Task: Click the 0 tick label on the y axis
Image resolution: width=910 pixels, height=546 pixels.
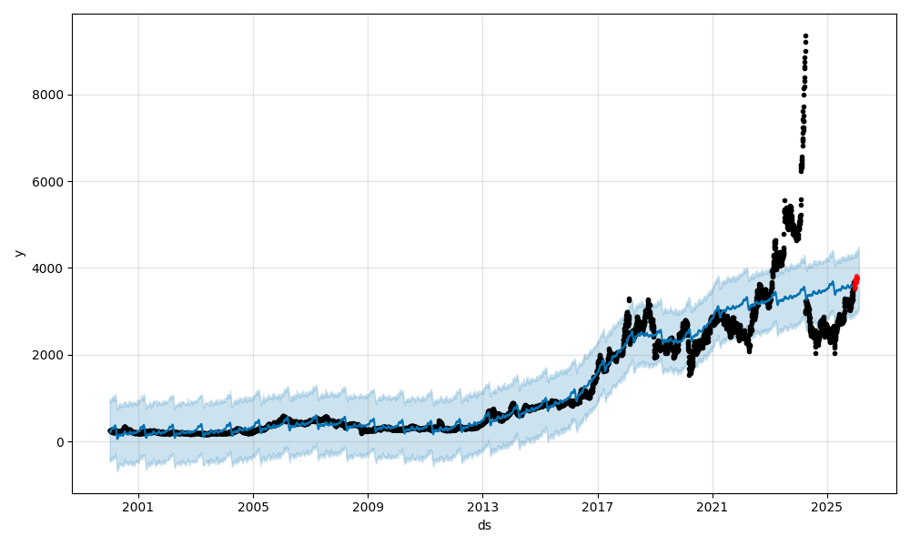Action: click(60, 442)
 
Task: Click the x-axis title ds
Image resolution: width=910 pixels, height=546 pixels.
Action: click(484, 525)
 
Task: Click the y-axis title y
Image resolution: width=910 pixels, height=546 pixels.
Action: click(19, 252)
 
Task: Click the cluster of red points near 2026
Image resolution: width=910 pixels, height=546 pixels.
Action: click(855, 282)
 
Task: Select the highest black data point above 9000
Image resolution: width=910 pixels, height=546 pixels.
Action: click(805, 36)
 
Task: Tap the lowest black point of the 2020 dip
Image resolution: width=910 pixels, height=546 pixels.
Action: click(690, 374)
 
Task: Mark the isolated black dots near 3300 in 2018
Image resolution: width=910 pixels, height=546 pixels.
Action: click(629, 298)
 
